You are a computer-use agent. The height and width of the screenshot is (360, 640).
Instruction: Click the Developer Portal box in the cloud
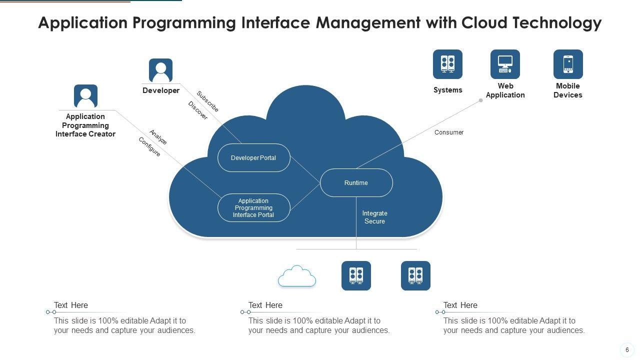254,158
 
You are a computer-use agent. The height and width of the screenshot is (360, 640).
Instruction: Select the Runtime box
356,183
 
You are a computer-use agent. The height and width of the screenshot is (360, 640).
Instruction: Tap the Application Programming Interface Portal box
254,208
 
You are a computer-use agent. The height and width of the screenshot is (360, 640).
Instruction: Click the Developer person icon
160,70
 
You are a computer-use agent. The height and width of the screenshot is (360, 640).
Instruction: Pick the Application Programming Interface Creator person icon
85,96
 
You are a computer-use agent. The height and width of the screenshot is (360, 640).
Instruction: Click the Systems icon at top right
447,64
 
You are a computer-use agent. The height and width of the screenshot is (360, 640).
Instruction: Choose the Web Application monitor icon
505,64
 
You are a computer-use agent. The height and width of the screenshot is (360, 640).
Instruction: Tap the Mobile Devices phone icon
568,64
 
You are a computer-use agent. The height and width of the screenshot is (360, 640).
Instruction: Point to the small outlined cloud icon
297,276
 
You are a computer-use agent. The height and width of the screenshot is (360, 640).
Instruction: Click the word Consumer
449,132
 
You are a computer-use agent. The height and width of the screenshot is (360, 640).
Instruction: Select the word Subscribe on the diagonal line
207,101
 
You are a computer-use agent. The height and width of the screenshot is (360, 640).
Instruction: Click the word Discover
198,110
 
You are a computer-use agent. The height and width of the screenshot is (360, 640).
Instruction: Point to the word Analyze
158,137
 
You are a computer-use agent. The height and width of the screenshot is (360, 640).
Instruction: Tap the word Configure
149,147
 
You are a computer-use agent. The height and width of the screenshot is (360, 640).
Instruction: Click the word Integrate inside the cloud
375,213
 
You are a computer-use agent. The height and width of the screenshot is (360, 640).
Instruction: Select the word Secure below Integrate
375,221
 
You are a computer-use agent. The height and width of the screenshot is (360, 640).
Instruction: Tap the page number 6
627,350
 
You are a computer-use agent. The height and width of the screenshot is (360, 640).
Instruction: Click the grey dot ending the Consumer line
481,100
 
